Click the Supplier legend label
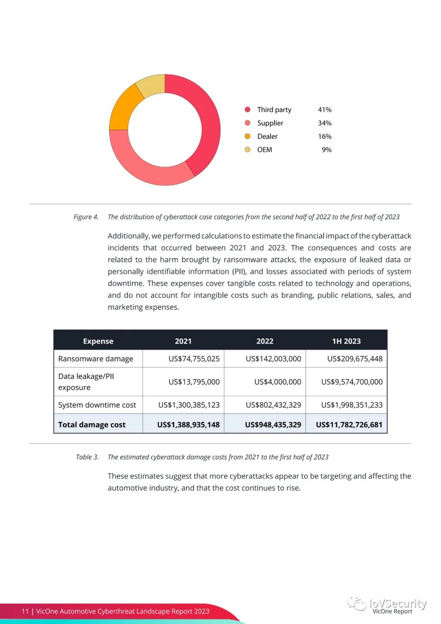(x=270, y=123)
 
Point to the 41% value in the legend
(x=325, y=110)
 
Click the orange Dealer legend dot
(x=247, y=136)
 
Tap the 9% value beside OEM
(x=327, y=150)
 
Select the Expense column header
(x=98, y=341)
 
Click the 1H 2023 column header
(x=346, y=341)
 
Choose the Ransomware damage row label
(x=96, y=359)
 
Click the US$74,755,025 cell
(x=194, y=359)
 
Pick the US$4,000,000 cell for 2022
(x=277, y=382)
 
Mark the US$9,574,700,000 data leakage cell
(x=352, y=382)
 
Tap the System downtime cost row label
(x=97, y=405)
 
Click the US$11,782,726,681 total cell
(x=349, y=425)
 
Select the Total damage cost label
(x=92, y=425)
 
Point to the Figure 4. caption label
(x=86, y=217)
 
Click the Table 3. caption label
(x=87, y=457)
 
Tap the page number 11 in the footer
(x=25, y=611)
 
